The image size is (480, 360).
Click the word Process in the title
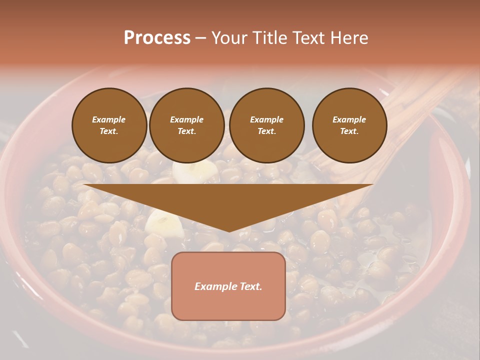pos(157,38)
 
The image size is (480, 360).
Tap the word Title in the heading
pos(270,38)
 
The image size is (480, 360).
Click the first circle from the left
pos(109,125)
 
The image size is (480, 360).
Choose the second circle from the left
pos(186,125)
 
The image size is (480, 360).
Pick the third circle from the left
pos(266,125)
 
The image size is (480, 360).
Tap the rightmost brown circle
pos(349,125)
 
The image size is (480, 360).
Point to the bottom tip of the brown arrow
pos(229,231)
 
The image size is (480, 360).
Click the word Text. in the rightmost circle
pos(349,131)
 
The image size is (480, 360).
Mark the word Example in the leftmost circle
pos(109,119)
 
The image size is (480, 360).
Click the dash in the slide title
pos(201,38)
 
